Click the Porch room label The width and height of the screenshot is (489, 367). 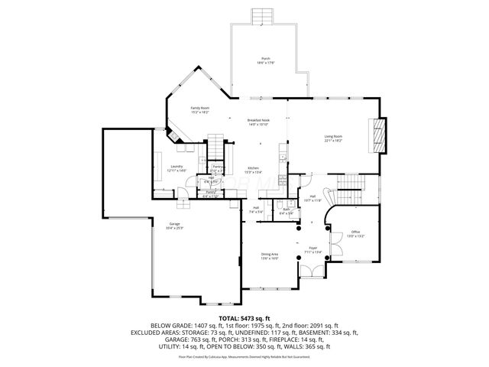[265, 61]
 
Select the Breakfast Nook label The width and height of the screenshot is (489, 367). [257, 122]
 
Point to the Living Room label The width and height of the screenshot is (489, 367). [333, 138]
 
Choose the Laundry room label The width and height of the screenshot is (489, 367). [176, 168]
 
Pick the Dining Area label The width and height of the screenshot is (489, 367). [270, 257]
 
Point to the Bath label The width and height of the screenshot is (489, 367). [287, 211]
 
